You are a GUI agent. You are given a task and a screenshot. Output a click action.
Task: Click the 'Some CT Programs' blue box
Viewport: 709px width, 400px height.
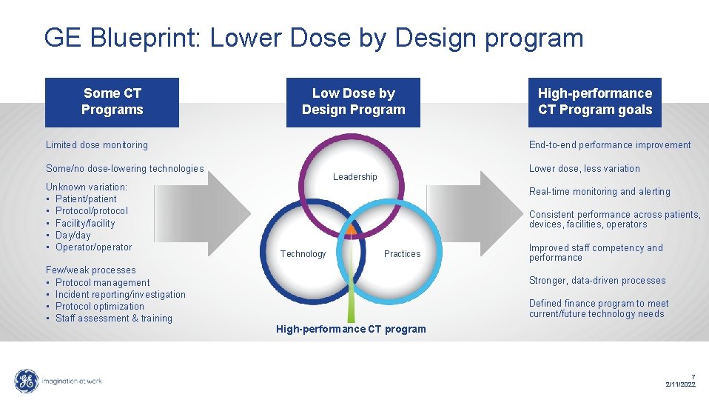pyautogui.click(x=112, y=101)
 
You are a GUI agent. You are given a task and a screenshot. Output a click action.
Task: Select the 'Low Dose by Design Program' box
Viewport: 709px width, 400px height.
pyautogui.click(x=353, y=101)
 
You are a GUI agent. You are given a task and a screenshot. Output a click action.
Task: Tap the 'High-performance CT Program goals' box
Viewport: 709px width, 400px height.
pyautogui.click(x=594, y=101)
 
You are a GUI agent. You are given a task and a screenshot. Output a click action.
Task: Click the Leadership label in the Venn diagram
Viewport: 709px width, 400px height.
pyautogui.click(x=354, y=177)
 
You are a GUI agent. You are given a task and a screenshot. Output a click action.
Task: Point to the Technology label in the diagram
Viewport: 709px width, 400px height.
pyautogui.click(x=303, y=254)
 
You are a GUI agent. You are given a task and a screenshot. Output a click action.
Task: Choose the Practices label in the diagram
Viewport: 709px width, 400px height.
pyautogui.click(x=402, y=254)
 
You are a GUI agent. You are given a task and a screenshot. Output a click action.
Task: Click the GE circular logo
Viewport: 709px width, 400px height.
pyautogui.click(x=27, y=381)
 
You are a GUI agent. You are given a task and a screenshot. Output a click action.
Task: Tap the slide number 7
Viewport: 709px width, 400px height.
pyautogui.click(x=693, y=376)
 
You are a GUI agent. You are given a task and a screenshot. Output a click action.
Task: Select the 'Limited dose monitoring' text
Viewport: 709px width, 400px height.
pyautogui.click(x=97, y=145)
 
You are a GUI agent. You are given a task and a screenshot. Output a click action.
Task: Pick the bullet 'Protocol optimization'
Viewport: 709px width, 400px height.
pyautogui.click(x=100, y=307)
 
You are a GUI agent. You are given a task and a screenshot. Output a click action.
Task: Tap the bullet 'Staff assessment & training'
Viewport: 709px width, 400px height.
pyautogui.click(x=114, y=319)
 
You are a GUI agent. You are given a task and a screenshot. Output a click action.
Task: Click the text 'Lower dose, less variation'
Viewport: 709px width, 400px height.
pyautogui.click(x=585, y=169)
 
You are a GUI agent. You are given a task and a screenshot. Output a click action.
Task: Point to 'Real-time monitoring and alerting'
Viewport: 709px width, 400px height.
pyautogui.click(x=599, y=192)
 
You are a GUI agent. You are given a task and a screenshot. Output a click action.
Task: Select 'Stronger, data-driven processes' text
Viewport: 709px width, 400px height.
pyautogui.click(x=597, y=281)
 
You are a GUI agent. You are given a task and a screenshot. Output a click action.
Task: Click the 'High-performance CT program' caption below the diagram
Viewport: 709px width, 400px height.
pyautogui.click(x=351, y=329)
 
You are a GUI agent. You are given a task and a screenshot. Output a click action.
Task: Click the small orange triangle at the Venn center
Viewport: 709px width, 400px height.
pyautogui.click(x=352, y=230)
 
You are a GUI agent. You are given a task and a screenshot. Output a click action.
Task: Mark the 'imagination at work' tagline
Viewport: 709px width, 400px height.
pyautogui.click(x=73, y=381)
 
